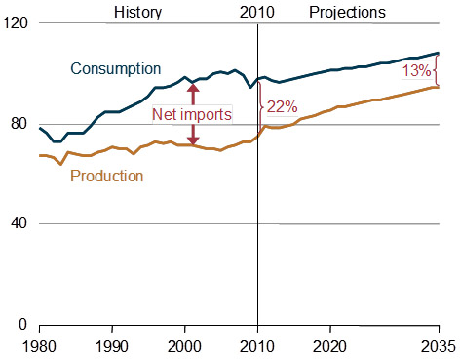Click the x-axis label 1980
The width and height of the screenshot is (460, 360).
(39, 346)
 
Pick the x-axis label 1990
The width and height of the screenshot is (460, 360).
(112, 346)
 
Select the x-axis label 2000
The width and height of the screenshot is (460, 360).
(185, 346)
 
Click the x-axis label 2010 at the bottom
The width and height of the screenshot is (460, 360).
(257, 346)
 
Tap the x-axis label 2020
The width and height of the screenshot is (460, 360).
(330, 346)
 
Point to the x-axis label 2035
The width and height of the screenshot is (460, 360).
(437, 346)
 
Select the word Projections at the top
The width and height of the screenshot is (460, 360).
(347, 13)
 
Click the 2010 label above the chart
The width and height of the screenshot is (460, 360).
(257, 13)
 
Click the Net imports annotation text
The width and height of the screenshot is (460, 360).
(191, 114)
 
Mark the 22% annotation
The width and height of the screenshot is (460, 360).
(281, 106)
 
